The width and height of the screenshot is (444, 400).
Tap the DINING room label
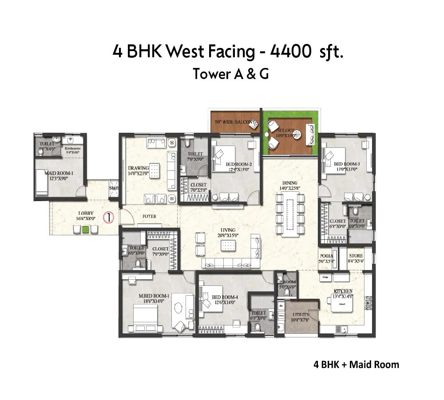pos(289,182)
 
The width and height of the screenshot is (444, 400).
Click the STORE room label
pos(356,256)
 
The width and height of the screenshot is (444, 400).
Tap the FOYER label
pos(149,217)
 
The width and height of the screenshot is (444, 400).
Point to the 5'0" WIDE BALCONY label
pos(234,122)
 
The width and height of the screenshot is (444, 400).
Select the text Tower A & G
pos(230,74)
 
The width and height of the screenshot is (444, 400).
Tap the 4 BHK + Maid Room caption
pos(356,365)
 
